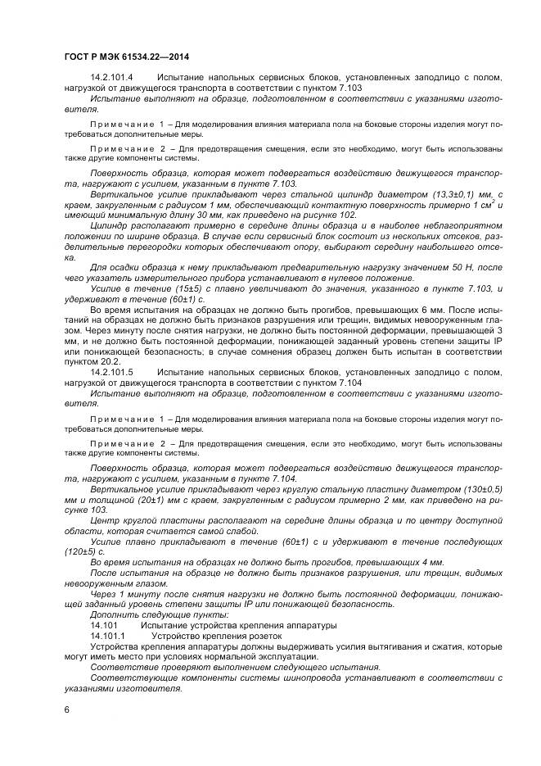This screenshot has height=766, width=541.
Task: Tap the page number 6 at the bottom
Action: point(67,710)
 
